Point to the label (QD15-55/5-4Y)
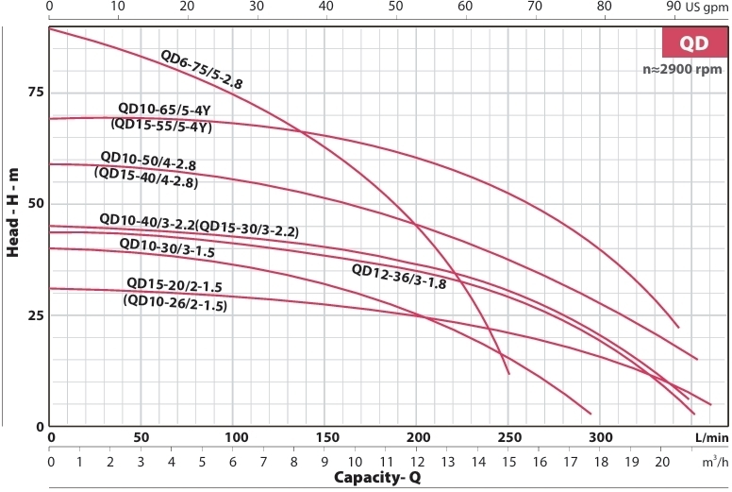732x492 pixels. pos(161,125)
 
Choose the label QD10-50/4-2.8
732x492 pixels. pos(148,157)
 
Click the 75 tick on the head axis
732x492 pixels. pos(36,92)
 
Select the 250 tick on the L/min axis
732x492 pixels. pos(508,438)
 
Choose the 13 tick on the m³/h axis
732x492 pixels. pos(447,463)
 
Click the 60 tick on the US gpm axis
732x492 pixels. pos(465,7)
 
